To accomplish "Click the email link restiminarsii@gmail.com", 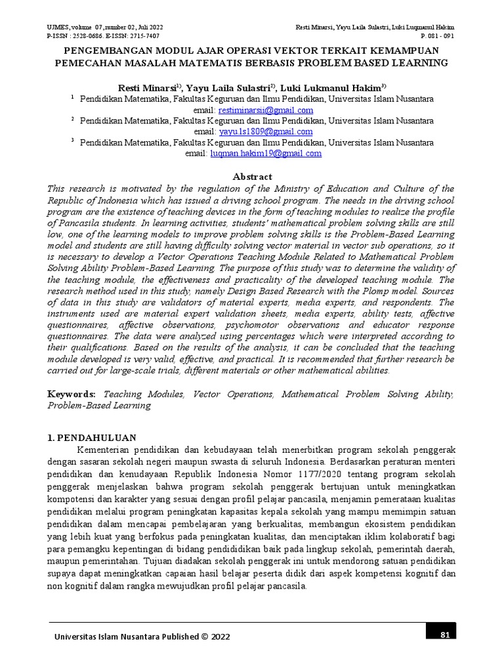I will point(266,110).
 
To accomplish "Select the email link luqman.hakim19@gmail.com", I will point(266,154).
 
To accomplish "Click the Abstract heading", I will point(253,177).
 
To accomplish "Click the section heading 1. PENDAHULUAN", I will point(92,438).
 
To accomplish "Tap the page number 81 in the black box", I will point(444,634).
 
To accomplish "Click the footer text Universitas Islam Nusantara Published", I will point(125,636).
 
